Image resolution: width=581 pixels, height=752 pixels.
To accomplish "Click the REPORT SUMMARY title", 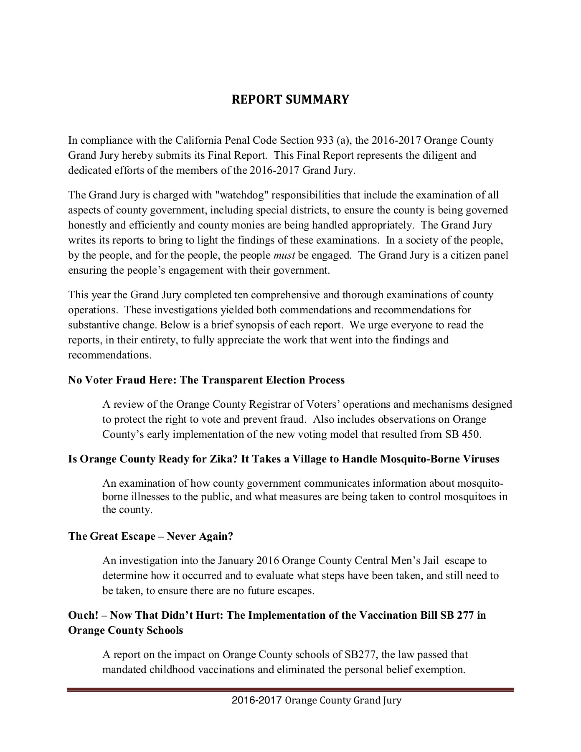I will [x=290, y=99].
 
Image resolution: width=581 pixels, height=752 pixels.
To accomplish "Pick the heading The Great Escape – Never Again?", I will [x=150, y=536].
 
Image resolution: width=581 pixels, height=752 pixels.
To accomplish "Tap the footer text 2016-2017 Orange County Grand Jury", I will [x=316, y=700].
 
